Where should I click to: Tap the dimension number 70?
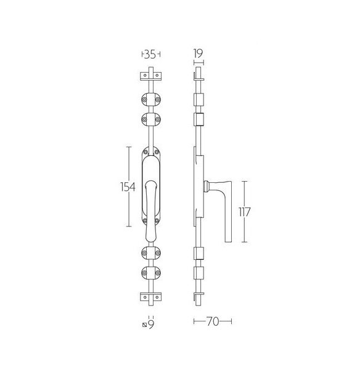213,321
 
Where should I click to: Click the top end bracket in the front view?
151,76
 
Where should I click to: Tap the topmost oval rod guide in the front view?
151,99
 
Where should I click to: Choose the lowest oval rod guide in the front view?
151,273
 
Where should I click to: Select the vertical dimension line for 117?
244,211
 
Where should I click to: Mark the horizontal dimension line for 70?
213,321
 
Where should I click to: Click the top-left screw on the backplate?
145,153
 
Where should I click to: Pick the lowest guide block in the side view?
198,273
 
